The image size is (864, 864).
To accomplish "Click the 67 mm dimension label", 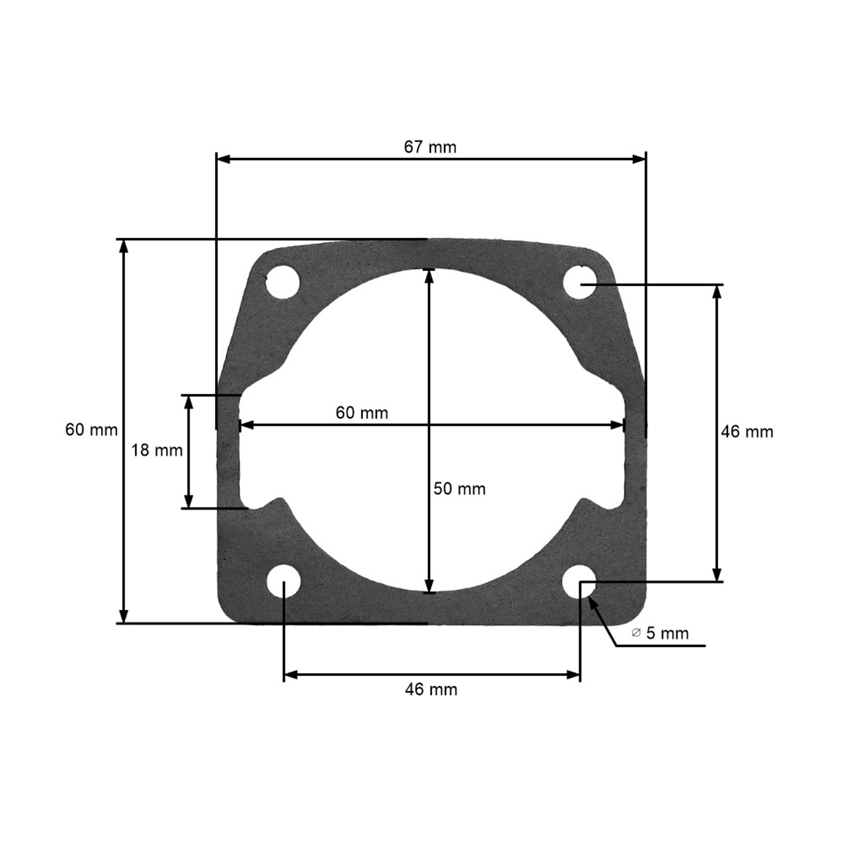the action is click(430, 147).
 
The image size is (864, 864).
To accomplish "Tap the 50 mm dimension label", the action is click(459, 489).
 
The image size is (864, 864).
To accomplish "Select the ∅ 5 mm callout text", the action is click(660, 633).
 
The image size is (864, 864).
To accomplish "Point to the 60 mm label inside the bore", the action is click(362, 413).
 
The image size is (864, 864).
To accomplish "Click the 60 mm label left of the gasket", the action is click(92, 430).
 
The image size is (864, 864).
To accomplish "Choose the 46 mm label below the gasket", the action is click(431, 689).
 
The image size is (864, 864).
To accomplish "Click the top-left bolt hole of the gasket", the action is click(283, 283).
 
